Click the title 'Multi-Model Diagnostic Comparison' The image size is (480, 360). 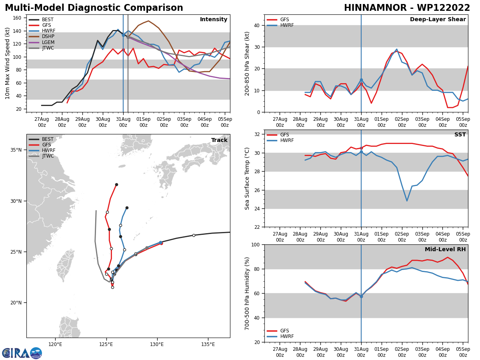94,8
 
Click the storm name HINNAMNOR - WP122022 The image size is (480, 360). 407,8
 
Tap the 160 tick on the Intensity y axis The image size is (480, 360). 18,18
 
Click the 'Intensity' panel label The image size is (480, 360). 214,20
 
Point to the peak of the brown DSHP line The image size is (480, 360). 148,21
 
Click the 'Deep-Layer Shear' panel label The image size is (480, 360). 438,20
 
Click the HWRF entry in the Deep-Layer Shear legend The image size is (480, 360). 286,26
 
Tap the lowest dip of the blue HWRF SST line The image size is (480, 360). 407,201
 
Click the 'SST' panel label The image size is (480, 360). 460,135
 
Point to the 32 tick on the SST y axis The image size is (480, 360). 258,134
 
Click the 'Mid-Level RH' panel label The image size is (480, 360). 445,250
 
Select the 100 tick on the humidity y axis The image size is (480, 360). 255,244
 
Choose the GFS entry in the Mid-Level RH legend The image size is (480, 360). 284,331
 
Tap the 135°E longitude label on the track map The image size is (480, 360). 208,344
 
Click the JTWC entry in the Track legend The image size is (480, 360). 48,156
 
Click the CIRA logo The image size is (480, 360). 22,353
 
